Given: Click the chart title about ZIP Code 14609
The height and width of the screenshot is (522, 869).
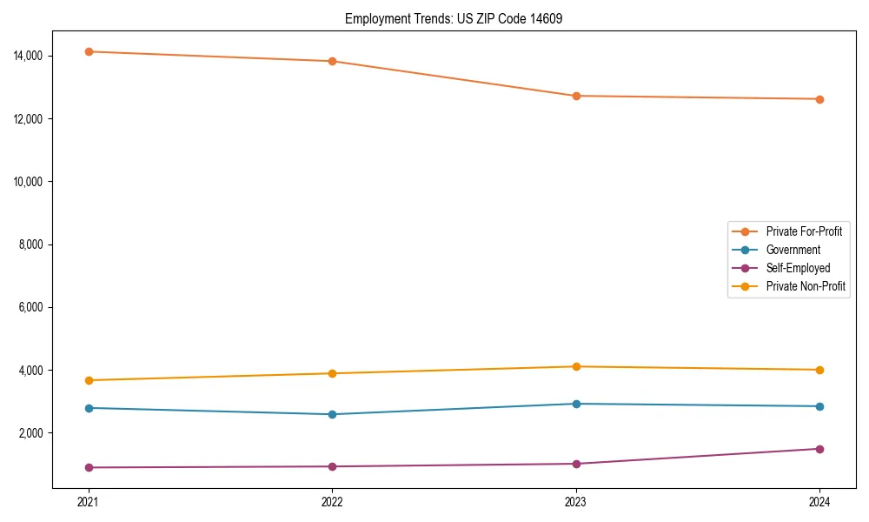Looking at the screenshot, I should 454,18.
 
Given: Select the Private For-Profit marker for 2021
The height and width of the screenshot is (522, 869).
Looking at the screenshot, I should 88,51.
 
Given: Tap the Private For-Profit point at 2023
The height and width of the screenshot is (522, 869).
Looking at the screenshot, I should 575,96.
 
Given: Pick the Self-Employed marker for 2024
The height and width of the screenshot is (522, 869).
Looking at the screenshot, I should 819,449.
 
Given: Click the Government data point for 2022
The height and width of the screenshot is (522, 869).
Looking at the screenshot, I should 332,414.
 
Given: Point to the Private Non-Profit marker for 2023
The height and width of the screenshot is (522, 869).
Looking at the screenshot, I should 575,366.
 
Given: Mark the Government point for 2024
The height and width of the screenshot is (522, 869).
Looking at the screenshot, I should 819,406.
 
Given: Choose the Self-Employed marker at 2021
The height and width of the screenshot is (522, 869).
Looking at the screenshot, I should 88,467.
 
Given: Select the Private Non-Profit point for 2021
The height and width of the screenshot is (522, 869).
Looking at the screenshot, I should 88,380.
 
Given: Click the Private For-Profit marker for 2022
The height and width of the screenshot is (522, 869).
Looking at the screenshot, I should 332,61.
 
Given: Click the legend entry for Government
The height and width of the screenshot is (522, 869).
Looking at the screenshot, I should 793,250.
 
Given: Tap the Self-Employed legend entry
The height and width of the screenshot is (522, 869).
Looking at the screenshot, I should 798,268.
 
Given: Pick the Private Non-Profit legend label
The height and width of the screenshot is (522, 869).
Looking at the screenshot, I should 806,286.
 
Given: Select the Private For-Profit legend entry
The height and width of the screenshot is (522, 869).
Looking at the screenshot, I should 803,231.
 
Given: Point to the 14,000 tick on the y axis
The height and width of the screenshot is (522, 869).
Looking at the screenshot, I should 30,56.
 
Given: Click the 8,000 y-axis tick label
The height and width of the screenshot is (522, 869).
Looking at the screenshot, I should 32,244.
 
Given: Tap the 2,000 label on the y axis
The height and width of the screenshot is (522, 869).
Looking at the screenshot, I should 32,433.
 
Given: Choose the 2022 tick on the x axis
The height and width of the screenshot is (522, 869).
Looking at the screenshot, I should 332,502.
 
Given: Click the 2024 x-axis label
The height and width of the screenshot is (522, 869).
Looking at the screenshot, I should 819,502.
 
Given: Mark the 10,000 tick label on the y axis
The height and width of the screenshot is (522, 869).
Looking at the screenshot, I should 30,182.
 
